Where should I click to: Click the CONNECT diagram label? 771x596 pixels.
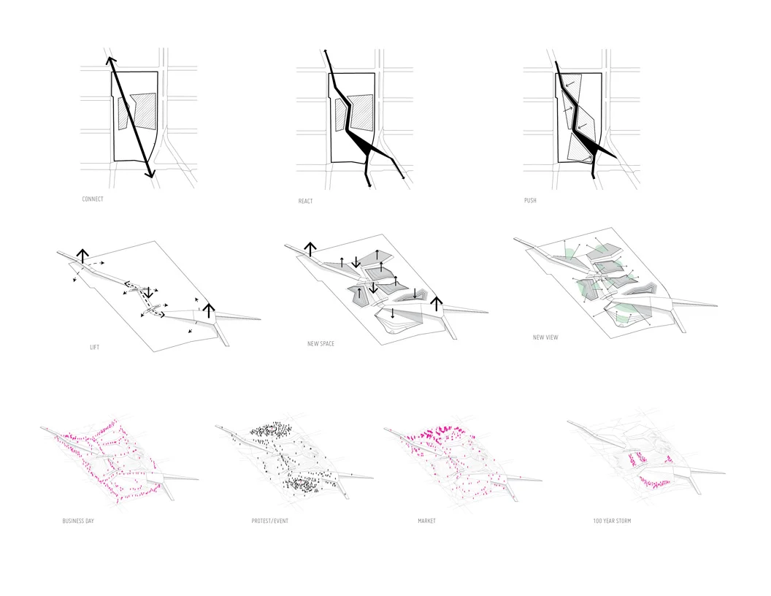click(x=93, y=199)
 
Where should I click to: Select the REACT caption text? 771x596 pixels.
click(x=305, y=201)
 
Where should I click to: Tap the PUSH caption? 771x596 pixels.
click(x=530, y=200)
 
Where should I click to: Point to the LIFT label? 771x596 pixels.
click(x=94, y=348)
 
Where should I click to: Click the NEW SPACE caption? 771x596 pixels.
click(x=321, y=343)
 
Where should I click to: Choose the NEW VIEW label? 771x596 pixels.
click(x=546, y=338)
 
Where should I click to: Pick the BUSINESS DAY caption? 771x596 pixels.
click(x=78, y=521)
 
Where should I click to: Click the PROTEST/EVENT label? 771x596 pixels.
click(x=267, y=521)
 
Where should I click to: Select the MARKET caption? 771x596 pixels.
click(x=426, y=521)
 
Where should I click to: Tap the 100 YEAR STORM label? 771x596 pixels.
click(x=612, y=521)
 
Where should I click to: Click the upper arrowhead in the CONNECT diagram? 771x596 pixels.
click(x=110, y=60)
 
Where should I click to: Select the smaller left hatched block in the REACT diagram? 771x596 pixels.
click(x=340, y=115)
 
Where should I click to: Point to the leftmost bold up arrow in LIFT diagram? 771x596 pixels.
click(x=83, y=255)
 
